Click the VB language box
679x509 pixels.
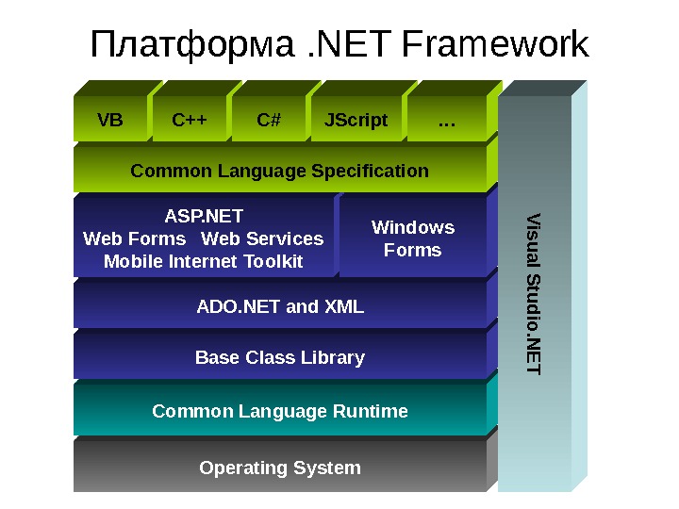point(110,120)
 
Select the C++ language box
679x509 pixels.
point(190,120)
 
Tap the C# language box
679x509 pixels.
point(269,120)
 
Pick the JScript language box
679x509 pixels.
point(356,120)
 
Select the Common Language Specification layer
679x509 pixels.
point(279,171)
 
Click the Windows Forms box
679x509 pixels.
point(413,238)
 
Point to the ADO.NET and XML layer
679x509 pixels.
point(280,306)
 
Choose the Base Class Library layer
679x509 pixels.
point(280,358)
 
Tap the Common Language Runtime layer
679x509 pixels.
point(280,411)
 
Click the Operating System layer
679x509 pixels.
point(280,468)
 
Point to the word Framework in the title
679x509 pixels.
point(494,45)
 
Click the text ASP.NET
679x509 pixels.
point(204,216)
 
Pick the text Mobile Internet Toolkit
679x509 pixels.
point(204,261)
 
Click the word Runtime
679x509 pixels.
point(375,411)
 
